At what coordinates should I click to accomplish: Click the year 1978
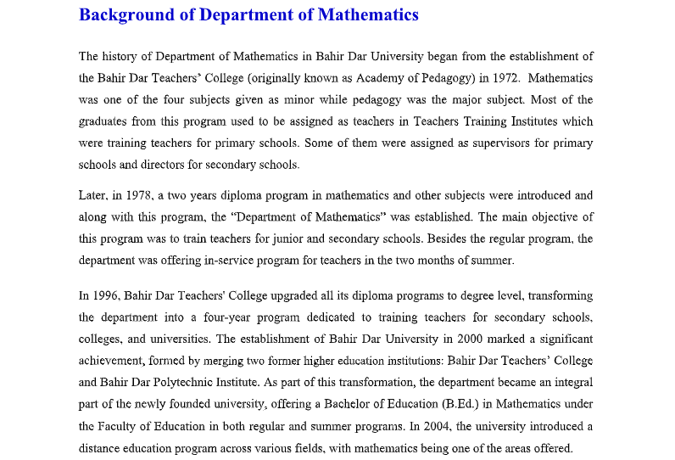[x=147, y=195]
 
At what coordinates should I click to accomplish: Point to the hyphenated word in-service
[x=232, y=261]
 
